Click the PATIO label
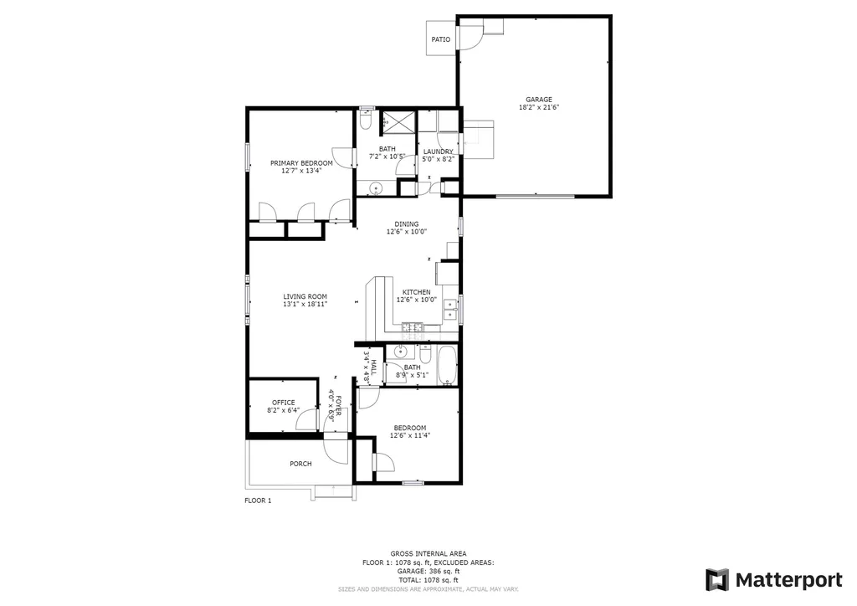coord(440,39)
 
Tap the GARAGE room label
coord(539,100)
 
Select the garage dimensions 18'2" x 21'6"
coord(539,107)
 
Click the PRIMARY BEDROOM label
coord(301,163)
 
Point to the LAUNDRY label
coord(439,151)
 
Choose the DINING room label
coord(407,224)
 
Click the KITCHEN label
coord(417,292)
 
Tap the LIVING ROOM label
coord(305,296)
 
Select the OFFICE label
coord(283,402)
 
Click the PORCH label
coord(300,464)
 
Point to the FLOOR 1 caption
coord(258,501)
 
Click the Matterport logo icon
coord(717,580)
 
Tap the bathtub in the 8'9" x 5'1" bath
coord(448,365)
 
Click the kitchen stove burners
coord(413,328)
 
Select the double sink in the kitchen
coord(450,310)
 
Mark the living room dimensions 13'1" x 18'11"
coord(305,305)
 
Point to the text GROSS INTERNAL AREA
coord(428,553)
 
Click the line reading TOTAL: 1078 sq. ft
coord(428,580)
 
